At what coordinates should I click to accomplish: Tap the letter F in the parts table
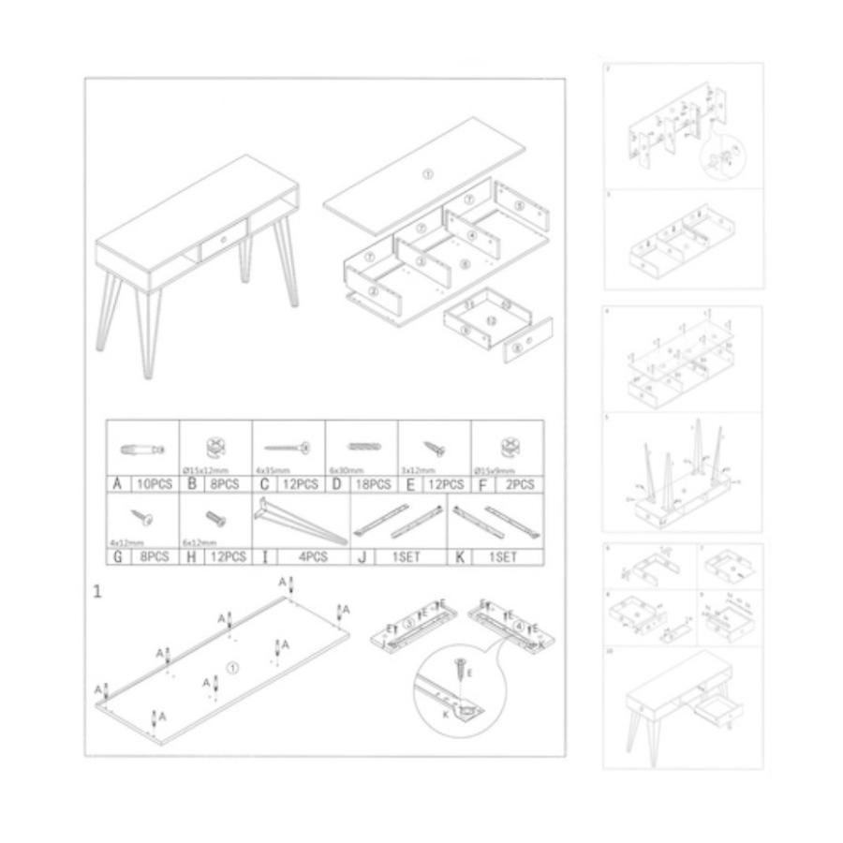click(481, 484)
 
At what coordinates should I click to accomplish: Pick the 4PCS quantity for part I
click(311, 556)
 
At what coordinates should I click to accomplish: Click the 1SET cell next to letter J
click(410, 556)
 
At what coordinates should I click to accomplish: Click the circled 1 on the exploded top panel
click(426, 174)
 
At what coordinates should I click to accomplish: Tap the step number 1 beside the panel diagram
click(97, 591)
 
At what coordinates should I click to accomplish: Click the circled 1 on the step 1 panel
click(233, 667)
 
